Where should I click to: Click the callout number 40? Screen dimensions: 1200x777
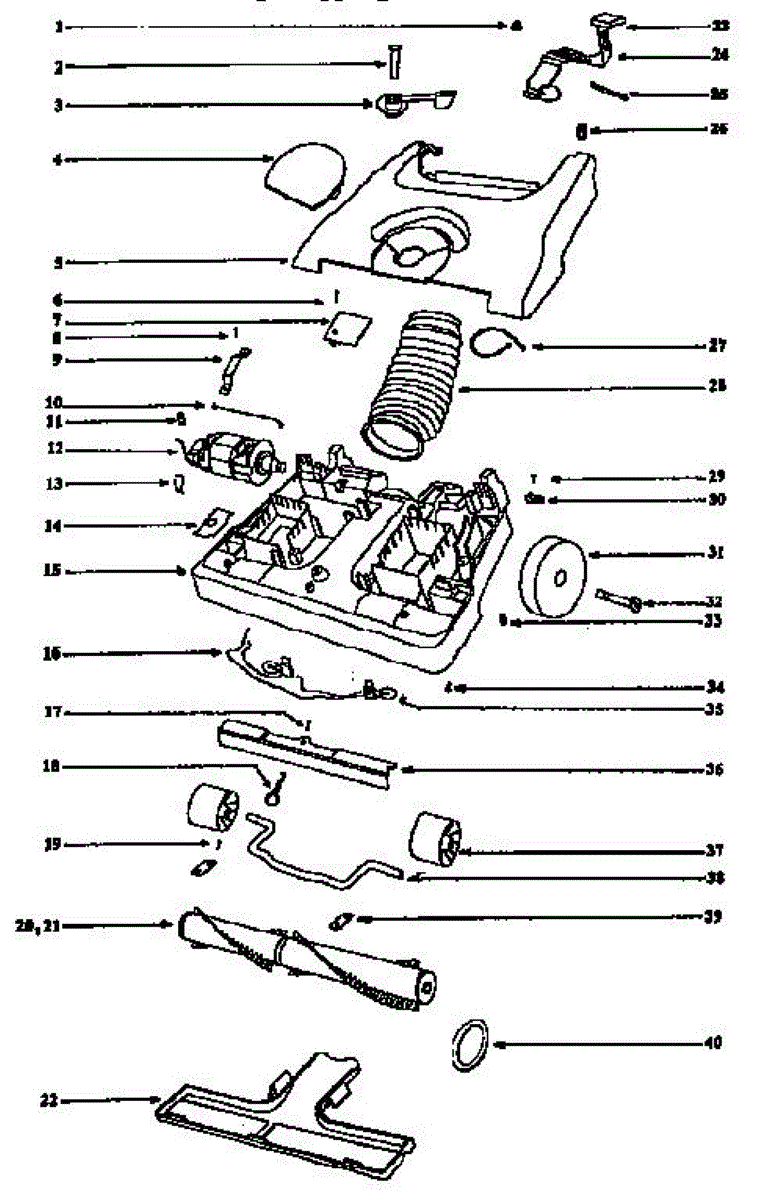pyautogui.click(x=712, y=1043)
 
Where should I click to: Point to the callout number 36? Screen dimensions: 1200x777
pyautogui.click(x=712, y=770)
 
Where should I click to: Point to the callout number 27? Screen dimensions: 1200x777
pyautogui.click(x=712, y=346)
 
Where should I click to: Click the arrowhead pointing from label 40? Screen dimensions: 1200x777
pyautogui.click(x=497, y=1043)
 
